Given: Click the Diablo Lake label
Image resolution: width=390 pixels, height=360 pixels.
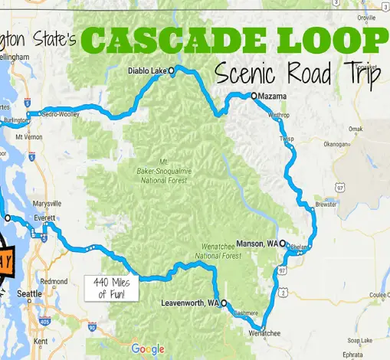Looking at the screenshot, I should click(146, 71).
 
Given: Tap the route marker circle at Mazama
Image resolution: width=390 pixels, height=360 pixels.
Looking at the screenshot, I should click(254, 96).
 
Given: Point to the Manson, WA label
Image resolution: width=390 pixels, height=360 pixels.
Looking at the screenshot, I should click(258, 243).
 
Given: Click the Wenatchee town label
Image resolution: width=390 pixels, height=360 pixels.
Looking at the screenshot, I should click(265, 333).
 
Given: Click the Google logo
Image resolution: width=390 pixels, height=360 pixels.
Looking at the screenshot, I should click(147, 349).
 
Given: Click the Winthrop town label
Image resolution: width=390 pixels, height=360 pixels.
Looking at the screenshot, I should click(281, 115).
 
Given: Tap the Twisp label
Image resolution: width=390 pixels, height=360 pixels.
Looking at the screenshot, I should click(287, 139).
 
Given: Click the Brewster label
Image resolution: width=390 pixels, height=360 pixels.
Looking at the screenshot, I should click(326, 205).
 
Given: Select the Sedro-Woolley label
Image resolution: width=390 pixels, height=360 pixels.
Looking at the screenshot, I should click(61, 114).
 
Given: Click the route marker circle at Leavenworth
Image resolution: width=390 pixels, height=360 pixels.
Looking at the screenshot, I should click(224, 303).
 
